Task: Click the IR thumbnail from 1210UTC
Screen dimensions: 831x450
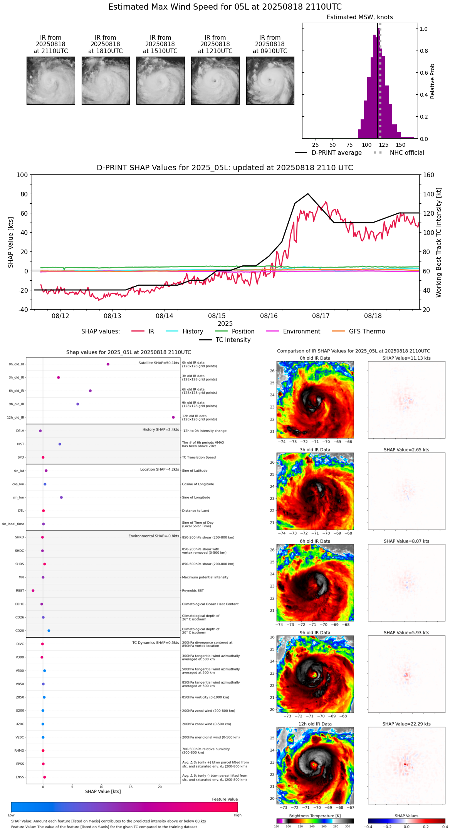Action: click(x=215, y=80)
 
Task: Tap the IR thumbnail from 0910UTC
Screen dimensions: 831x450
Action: click(x=270, y=80)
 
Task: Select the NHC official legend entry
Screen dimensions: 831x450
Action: click(x=407, y=153)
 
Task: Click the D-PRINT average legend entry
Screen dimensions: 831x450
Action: click(x=336, y=153)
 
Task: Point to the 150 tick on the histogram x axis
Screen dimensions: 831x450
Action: click(x=401, y=145)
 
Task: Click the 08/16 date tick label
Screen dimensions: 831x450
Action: click(x=269, y=316)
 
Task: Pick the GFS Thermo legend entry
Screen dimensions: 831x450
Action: click(x=367, y=332)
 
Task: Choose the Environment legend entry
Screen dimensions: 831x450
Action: click(x=301, y=332)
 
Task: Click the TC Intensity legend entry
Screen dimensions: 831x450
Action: click(x=233, y=340)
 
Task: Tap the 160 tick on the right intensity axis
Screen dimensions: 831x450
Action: click(x=428, y=175)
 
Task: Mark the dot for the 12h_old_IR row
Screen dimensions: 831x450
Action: click(x=173, y=417)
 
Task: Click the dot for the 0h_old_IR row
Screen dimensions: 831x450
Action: click(x=108, y=364)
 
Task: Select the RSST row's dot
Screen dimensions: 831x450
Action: click(x=33, y=591)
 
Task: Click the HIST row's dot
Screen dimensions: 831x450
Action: click(x=60, y=444)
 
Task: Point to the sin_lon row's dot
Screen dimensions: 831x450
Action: click(x=61, y=498)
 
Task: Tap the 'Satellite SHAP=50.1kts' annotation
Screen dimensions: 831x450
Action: click(x=159, y=363)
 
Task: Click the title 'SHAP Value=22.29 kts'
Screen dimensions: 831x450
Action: click(x=406, y=724)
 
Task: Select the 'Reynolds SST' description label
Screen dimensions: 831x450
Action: click(x=193, y=591)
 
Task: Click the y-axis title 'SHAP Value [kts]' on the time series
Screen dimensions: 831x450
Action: click(x=11, y=242)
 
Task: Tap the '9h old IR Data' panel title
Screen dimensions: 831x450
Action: click(x=315, y=633)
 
